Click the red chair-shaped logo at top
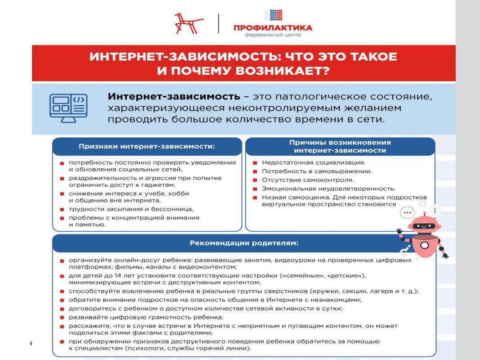(188, 23)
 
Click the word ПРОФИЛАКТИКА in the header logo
(273, 28)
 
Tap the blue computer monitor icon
(68, 108)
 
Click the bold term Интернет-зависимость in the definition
(174, 97)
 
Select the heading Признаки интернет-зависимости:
(147, 146)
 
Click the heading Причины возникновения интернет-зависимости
(340, 146)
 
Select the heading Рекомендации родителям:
(244, 243)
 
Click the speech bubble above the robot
(408, 212)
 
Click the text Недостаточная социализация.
(314, 162)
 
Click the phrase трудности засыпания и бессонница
(131, 209)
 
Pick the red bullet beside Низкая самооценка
(255, 198)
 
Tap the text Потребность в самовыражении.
(317, 171)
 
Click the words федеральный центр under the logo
(273, 35)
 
